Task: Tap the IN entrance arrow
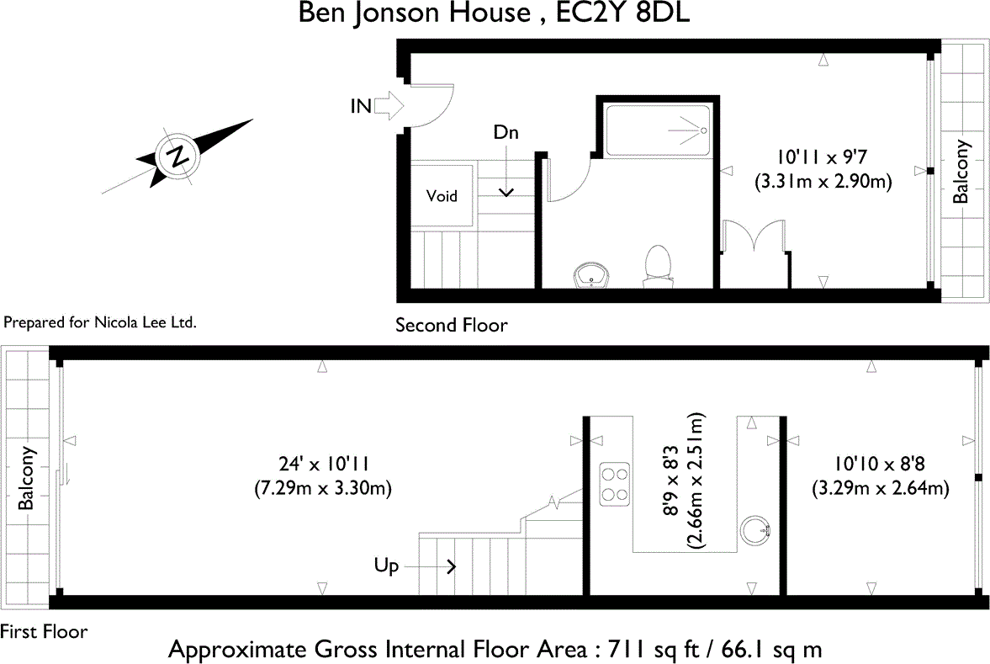389,105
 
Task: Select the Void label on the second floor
442,196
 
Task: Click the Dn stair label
506,133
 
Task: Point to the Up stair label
386,566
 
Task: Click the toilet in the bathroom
657,268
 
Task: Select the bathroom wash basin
593,274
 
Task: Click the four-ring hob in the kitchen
614,484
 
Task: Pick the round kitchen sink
754,530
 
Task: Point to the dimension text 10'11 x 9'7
821,157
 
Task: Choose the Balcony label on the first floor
28,477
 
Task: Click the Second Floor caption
452,325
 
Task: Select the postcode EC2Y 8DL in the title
618,14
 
